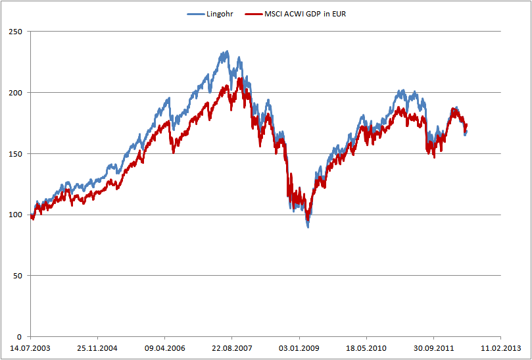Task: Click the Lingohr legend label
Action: point(220,13)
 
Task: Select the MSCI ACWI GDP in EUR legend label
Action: point(305,13)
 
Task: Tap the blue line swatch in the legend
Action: point(196,13)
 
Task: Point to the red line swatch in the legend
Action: point(253,13)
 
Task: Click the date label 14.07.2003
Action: point(30,348)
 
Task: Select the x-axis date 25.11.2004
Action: point(97,348)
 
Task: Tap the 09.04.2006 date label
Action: point(164,348)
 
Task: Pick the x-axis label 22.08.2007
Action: point(231,348)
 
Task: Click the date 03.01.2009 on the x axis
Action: point(299,348)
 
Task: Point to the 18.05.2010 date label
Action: point(366,348)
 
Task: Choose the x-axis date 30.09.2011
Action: point(433,348)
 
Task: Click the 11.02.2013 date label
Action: point(500,348)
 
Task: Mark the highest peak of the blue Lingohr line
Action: point(228,51)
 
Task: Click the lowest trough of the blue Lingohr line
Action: point(308,226)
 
